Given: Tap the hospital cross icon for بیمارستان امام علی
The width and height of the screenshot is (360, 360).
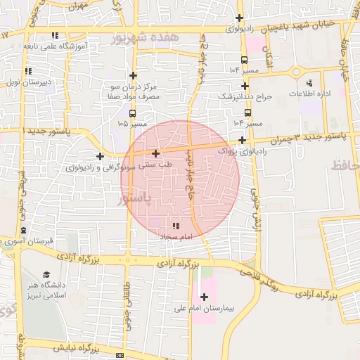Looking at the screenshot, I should [204, 297].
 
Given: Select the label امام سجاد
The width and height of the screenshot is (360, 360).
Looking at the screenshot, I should [176, 238].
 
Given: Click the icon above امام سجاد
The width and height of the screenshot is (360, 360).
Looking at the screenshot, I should [176, 226].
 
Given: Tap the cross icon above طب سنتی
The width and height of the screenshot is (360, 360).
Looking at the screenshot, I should [155, 153].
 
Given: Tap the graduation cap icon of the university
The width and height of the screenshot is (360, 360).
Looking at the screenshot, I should [46, 274].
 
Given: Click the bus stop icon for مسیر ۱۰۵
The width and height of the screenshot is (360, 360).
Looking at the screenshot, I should [133, 112].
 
